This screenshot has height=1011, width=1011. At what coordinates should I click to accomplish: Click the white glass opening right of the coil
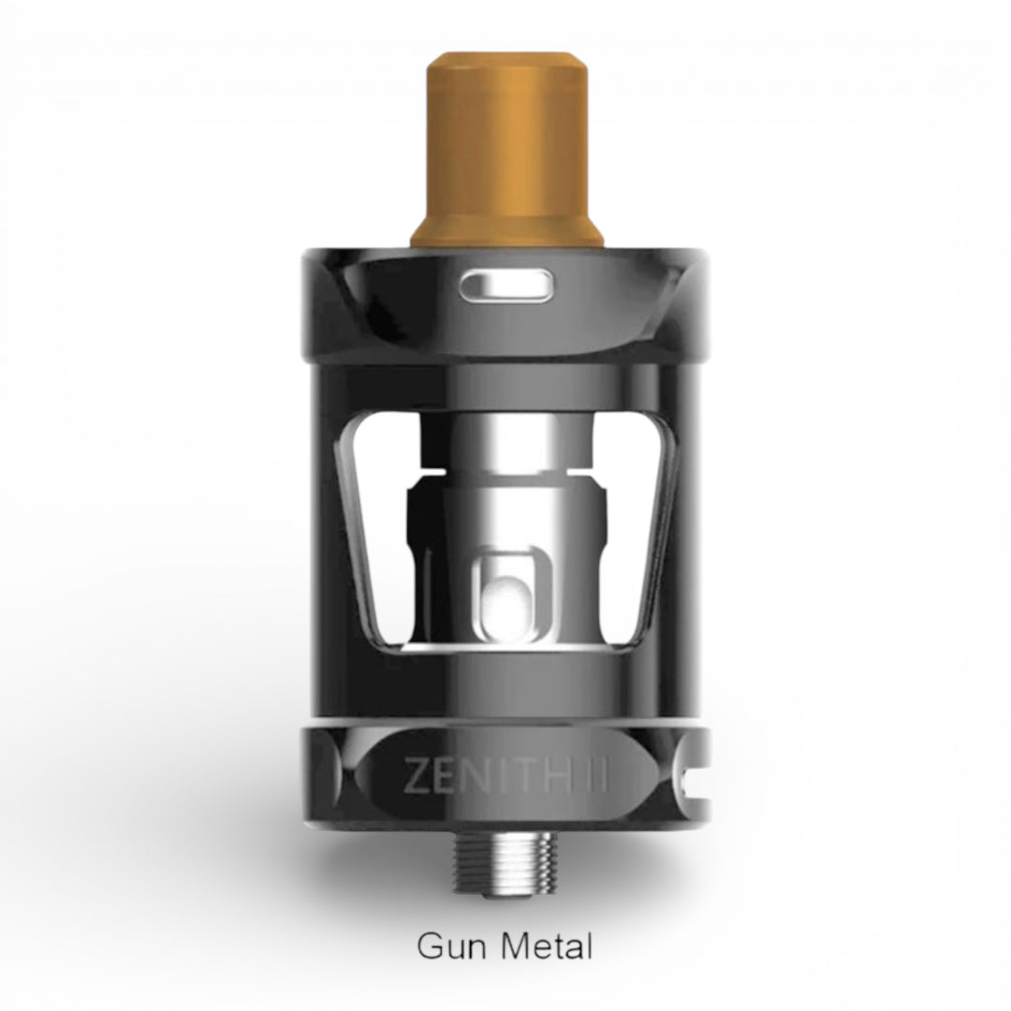click(x=637, y=524)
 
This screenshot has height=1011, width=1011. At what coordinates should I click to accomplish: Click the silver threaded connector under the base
click(x=506, y=842)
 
